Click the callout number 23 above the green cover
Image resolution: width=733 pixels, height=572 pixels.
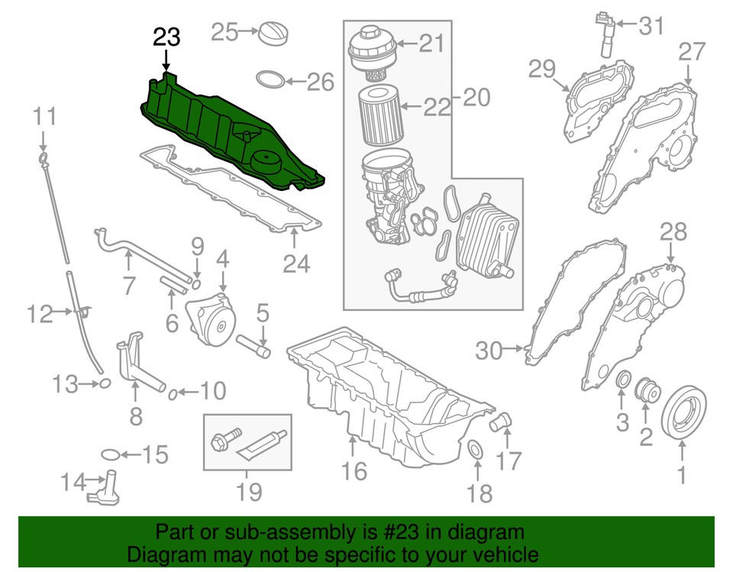click(166, 37)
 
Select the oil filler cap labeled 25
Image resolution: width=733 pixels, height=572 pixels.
click(274, 34)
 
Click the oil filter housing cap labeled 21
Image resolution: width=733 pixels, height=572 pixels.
click(371, 52)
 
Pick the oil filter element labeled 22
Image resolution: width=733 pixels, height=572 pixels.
click(376, 117)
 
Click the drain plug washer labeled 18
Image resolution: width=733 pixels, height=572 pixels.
click(474, 451)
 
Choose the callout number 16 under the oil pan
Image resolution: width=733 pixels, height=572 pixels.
click(354, 471)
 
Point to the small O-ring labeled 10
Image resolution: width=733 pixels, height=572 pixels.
click(174, 393)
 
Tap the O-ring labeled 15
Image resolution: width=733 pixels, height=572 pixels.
click(110, 455)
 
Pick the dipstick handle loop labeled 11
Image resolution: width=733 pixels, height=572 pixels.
click(44, 158)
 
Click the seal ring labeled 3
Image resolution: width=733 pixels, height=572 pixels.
click(623, 381)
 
